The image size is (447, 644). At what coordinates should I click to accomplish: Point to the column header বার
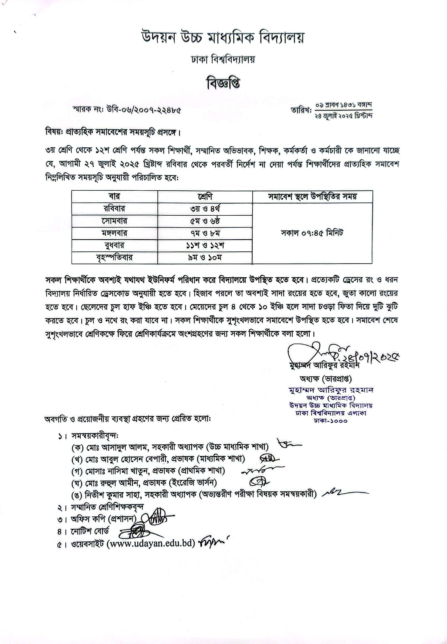coord(115,197)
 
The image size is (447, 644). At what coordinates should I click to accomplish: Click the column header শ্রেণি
coord(205,197)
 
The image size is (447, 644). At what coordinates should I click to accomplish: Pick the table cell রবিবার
coord(115,209)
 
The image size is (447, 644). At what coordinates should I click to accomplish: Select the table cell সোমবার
coord(115,221)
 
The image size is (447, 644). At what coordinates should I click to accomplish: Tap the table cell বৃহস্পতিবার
coord(115,257)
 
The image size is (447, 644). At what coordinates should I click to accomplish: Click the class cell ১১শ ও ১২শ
coord(205,245)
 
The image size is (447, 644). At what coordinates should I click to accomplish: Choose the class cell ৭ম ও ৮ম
coord(205,233)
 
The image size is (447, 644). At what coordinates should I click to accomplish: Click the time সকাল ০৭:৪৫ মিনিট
coord(312,233)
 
